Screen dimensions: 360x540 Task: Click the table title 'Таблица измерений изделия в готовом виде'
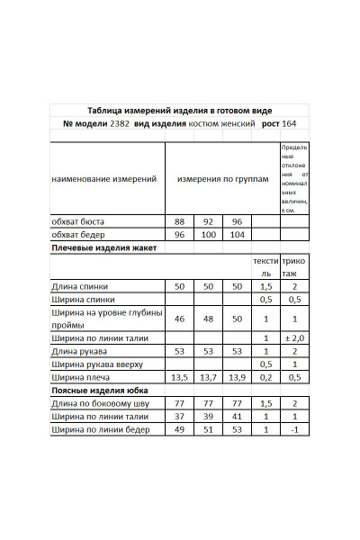click(180, 109)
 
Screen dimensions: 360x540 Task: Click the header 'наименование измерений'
click(104, 179)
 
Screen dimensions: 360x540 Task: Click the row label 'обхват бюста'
click(78, 220)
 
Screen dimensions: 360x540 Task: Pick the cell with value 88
click(179, 220)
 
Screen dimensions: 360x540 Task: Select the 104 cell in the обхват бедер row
click(237, 234)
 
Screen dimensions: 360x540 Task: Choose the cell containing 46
click(179, 319)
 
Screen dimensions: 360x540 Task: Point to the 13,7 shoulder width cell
click(208, 378)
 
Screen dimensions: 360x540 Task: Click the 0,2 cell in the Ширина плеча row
click(265, 378)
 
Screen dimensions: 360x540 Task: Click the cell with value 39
click(208, 418)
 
